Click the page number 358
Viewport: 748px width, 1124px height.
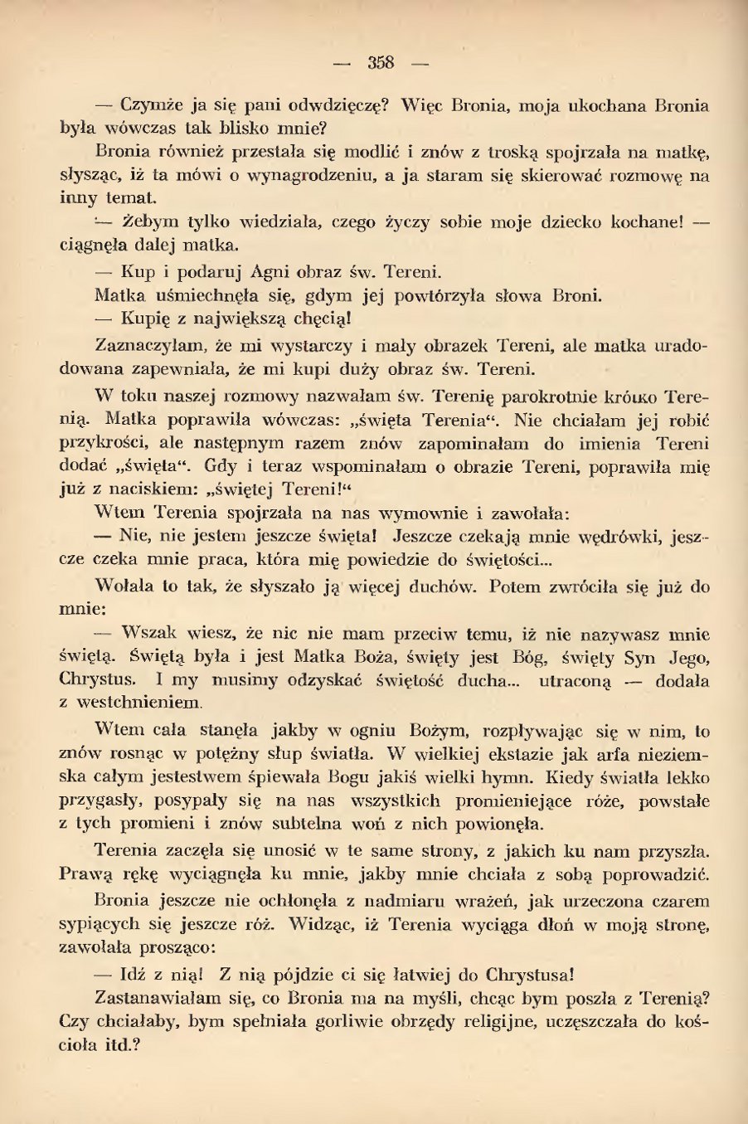coord(381,63)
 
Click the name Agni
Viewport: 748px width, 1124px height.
coord(250,271)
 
